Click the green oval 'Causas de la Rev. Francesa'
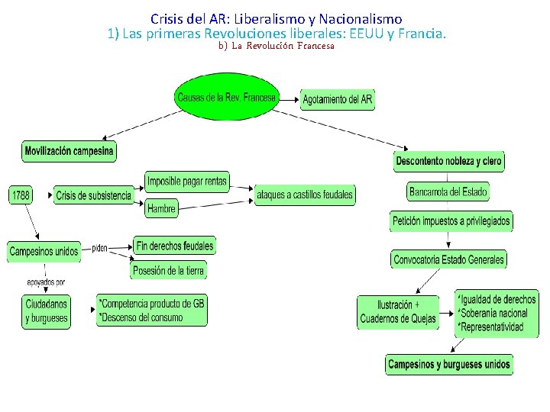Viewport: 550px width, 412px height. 226,97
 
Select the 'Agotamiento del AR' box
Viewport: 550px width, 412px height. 338,99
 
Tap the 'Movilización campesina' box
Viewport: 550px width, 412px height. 69,151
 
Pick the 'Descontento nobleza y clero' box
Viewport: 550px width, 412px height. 449,161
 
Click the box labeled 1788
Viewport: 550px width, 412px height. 21,195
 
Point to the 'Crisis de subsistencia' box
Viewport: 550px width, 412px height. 93,196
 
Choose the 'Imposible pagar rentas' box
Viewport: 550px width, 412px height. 187,182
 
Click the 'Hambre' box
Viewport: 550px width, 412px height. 161,208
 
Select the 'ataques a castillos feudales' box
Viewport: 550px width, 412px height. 305,195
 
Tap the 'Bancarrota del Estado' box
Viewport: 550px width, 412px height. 448,192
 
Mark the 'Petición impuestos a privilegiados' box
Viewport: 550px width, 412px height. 451,221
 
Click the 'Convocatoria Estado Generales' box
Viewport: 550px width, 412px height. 448,259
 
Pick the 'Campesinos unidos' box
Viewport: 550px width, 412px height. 44,251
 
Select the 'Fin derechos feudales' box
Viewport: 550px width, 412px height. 175,245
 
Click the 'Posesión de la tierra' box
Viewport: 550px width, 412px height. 169,270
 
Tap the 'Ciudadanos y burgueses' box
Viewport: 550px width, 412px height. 46,311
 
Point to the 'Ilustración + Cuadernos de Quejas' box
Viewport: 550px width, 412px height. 398,311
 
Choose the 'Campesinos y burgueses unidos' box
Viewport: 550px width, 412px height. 448,364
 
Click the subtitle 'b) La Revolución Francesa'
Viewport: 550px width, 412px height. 276,46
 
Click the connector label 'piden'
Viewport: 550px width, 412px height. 100,248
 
